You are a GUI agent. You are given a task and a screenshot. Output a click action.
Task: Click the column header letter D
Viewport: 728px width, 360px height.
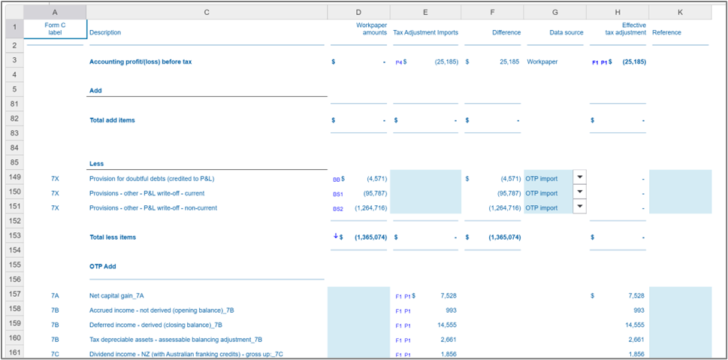[358, 12]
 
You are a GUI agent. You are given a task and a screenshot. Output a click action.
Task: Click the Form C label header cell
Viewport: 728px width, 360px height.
[55, 29]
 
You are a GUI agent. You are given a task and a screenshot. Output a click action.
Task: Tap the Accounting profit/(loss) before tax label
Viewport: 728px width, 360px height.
[140, 62]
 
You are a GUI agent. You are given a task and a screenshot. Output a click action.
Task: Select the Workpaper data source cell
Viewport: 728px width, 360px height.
[542, 62]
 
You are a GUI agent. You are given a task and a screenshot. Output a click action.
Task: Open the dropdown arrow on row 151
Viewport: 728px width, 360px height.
[578, 207]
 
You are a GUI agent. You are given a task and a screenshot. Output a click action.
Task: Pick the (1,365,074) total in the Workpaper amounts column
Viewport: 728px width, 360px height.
[370, 237]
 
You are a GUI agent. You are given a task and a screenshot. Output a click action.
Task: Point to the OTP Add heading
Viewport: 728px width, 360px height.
[104, 265]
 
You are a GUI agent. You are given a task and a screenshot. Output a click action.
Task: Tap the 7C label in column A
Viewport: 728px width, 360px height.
[55, 353]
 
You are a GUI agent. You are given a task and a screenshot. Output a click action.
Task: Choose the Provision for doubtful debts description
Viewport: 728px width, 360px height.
[152, 179]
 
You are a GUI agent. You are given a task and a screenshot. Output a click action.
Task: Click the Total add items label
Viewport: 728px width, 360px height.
[112, 119]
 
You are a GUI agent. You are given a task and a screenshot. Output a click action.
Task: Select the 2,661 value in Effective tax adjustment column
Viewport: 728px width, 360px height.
[634, 339]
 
